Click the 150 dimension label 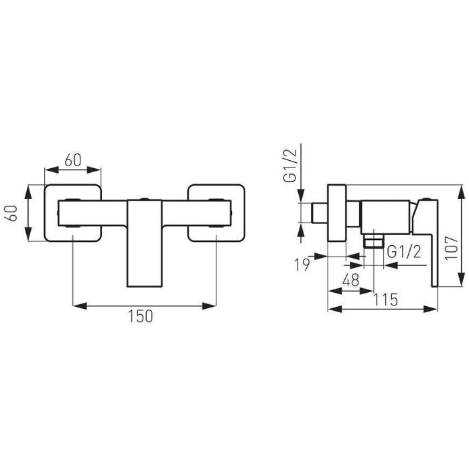pyautogui.click(x=141, y=316)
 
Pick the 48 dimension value pyautogui.click(x=351, y=281)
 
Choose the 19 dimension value pyautogui.click(x=302, y=265)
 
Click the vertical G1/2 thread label pyautogui.click(x=290, y=165)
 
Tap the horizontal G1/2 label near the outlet pyautogui.click(x=404, y=252)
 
